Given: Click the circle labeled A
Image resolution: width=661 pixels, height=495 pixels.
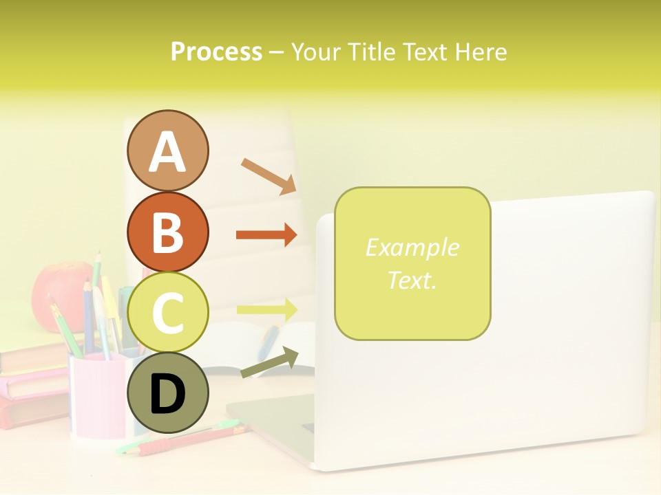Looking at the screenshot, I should click(x=167, y=151).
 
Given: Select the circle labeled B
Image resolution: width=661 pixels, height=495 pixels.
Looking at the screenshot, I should click(x=167, y=232).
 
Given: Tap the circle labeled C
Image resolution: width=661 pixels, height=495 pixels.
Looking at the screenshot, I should click(x=167, y=313).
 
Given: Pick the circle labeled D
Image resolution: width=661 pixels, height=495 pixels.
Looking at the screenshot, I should click(x=167, y=393).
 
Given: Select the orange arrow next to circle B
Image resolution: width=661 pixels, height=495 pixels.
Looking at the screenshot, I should click(x=266, y=235).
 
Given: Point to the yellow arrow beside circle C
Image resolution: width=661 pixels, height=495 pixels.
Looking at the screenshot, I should click(x=266, y=310).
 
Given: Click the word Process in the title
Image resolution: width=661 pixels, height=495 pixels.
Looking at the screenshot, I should click(x=216, y=52).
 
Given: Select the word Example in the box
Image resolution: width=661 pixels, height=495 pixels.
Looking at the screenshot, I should click(x=412, y=247).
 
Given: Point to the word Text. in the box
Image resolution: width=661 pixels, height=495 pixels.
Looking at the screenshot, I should click(x=412, y=280).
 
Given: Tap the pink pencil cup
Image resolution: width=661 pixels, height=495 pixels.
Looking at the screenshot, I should click(x=96, y=395).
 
